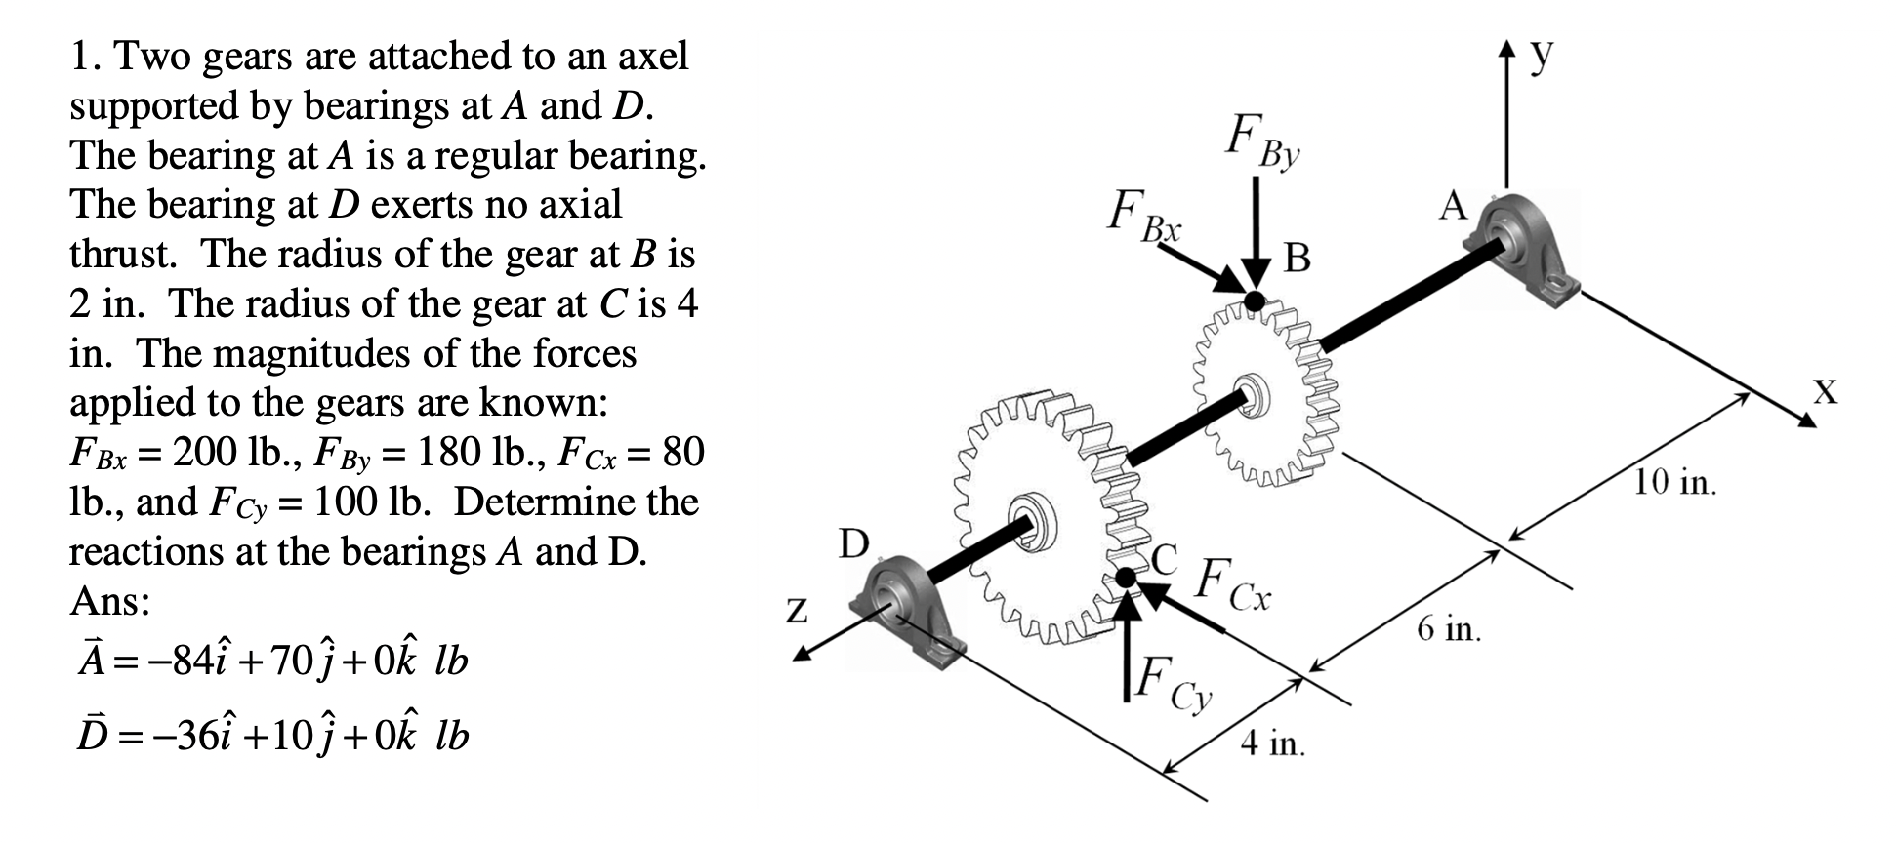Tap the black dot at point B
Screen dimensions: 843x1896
(x=1255, y=301)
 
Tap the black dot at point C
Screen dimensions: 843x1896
(x=1127, y=578)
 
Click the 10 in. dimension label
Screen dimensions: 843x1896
(x=1675, y=482)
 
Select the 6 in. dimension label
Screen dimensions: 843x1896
(x=1449, y=629)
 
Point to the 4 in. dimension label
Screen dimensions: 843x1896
(x=1272, y=744)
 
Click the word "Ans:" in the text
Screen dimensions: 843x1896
(x=109, y=601)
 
